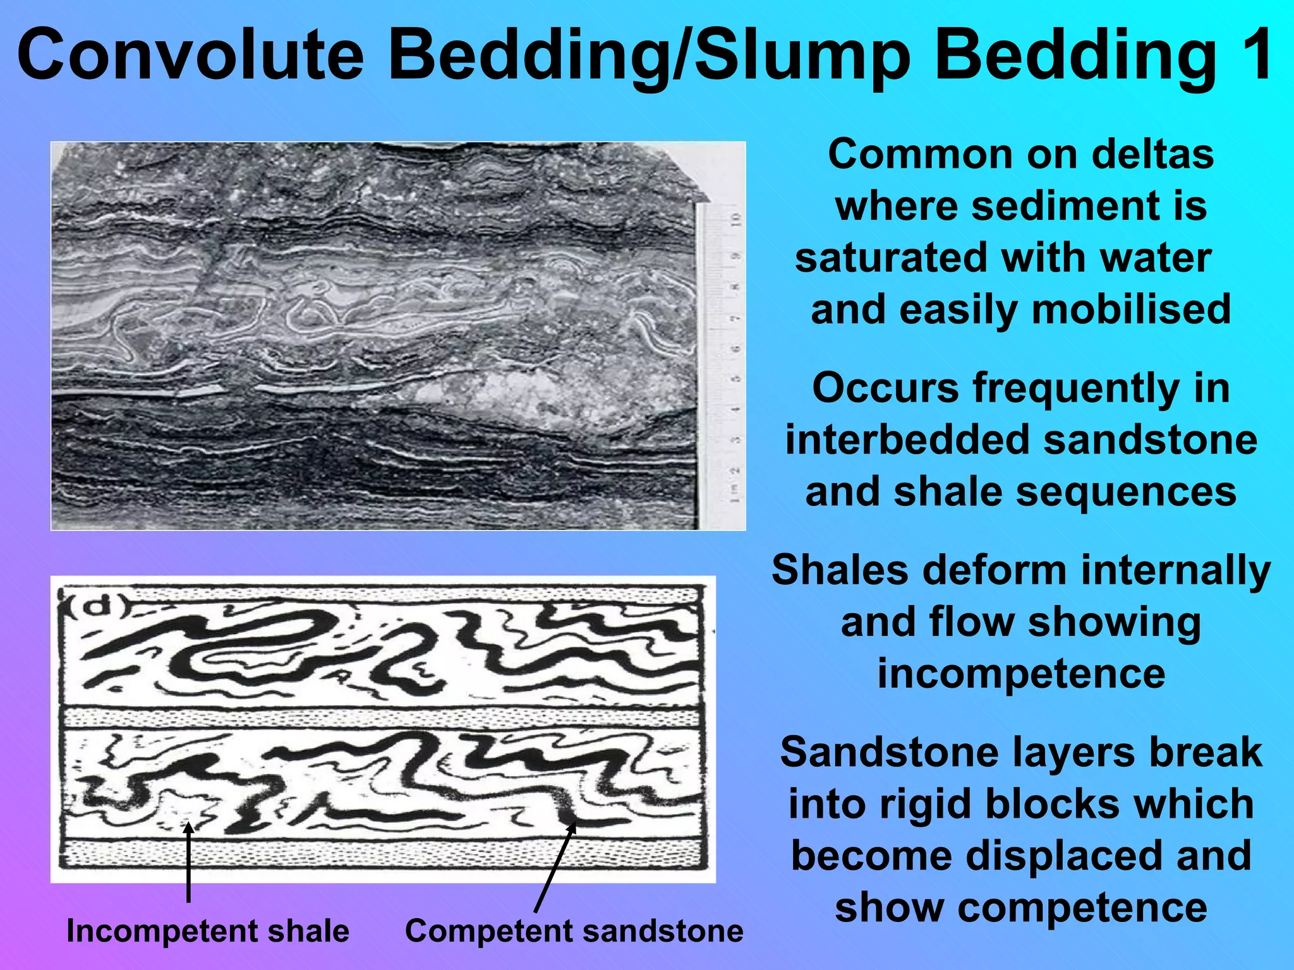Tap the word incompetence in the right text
1021,673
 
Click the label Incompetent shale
207,931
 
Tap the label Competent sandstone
574,931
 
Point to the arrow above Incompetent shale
188,862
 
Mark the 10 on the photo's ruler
735,221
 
